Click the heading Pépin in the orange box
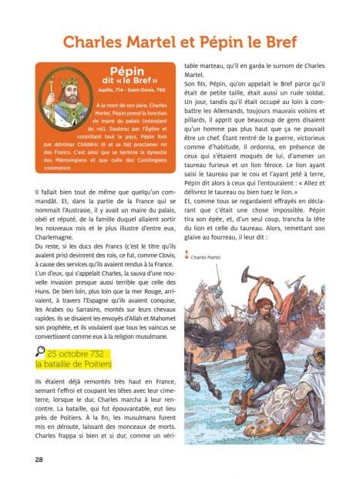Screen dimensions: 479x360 127,72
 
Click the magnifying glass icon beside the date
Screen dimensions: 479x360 41,353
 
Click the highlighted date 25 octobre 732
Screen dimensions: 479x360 79,353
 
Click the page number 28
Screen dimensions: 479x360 39,459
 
